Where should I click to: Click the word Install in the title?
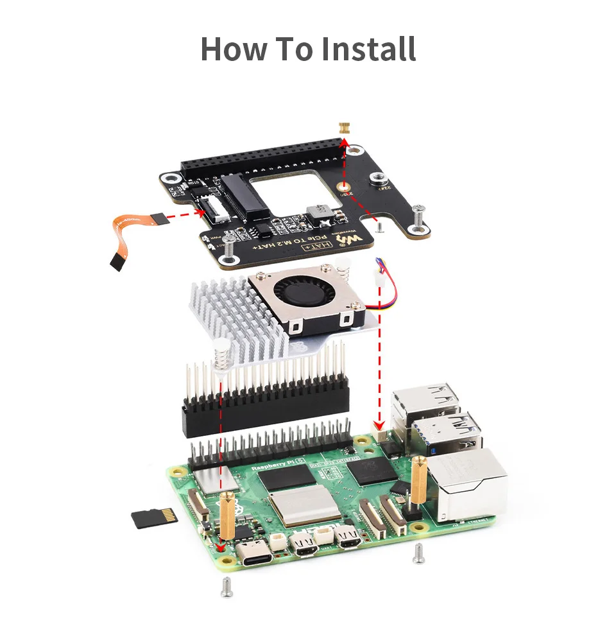(368, 49)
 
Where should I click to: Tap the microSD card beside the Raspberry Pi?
(154, 517)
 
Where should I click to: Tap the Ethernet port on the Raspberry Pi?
(468, 485)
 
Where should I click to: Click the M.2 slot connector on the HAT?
(244, 196)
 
